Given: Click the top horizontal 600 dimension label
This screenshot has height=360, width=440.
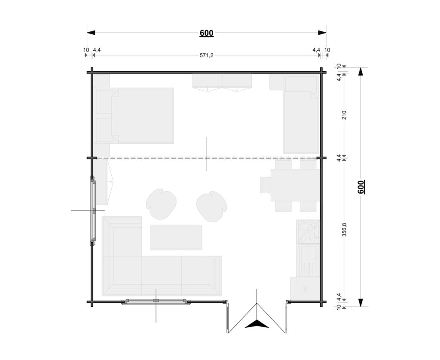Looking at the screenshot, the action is (x=207, y=33).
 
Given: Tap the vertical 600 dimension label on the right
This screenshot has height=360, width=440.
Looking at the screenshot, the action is (x=361, y=187).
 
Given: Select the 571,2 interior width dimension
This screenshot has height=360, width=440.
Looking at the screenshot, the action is (x=207, y=55).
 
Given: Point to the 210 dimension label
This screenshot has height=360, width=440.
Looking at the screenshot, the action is (x=344, y=115).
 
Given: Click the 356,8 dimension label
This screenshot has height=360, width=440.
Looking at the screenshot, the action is (x=344, y=230).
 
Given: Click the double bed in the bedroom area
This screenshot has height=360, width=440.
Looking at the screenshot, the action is (x=134, y=116).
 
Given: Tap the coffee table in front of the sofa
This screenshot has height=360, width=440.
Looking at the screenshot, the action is (x=176, y=238).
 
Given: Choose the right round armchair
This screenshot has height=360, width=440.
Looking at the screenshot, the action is (x=211, y=207).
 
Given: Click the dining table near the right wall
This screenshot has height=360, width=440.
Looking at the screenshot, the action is (x=295, y=185).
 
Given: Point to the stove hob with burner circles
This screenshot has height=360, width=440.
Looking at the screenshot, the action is (x=308, y=232).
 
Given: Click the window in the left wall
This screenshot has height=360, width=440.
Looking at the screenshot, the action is (x=93, y=211).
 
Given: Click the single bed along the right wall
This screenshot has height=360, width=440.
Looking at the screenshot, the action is (x=300, y=122).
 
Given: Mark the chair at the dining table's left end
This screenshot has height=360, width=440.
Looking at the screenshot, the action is (x=265, y=185).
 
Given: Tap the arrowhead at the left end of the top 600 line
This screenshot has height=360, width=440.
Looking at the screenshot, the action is (x=91, y=33).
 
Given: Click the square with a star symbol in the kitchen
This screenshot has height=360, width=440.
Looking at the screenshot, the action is (x=305, y=288).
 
